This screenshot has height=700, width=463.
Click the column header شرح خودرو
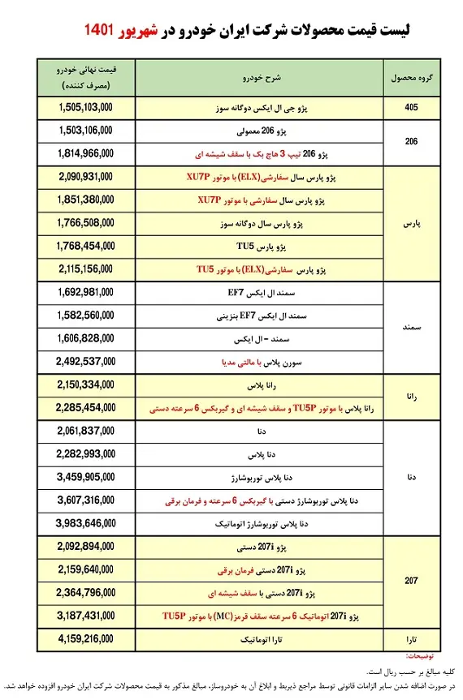pos(251,77)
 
